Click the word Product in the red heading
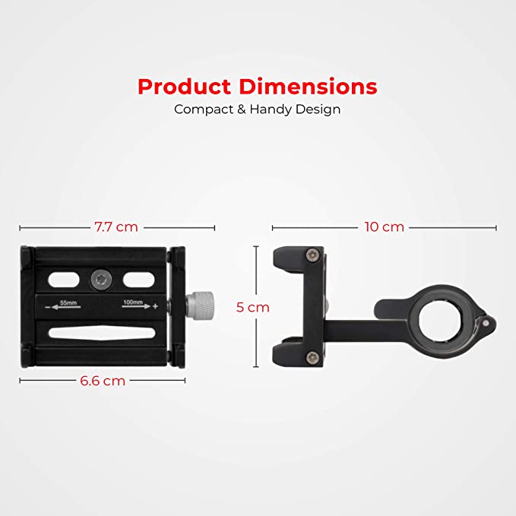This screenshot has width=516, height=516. coord(184,87)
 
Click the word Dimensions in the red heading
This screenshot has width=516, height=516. coord(308,87)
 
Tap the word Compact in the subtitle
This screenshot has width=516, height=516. coord(204,109)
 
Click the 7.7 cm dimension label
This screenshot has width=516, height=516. coord(116,227)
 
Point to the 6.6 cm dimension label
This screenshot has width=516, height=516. coord(103,381)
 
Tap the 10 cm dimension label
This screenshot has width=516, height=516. coord(385,227)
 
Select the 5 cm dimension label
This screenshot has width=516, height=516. coord(253,307)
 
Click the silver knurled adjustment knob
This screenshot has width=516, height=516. coord(201,305)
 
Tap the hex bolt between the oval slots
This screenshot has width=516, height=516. coord(101,280)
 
